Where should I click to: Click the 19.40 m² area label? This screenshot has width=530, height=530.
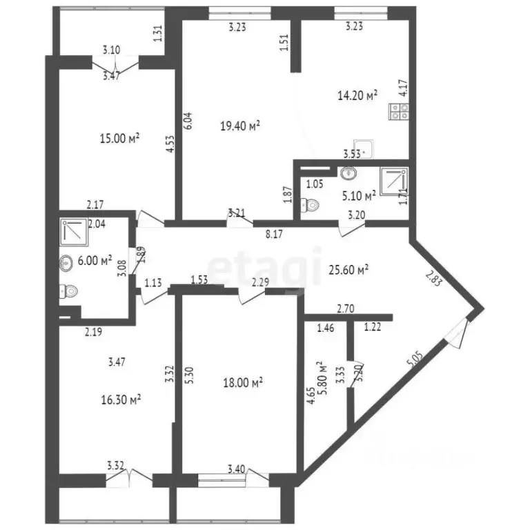point(239,126)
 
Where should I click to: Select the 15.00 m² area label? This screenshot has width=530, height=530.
point(120,138)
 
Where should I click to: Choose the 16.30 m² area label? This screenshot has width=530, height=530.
point(121,398)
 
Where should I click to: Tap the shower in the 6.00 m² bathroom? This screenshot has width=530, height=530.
point(72,233)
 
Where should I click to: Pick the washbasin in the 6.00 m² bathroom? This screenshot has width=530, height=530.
point(68,262)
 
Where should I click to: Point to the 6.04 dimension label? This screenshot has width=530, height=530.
point(186,121)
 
